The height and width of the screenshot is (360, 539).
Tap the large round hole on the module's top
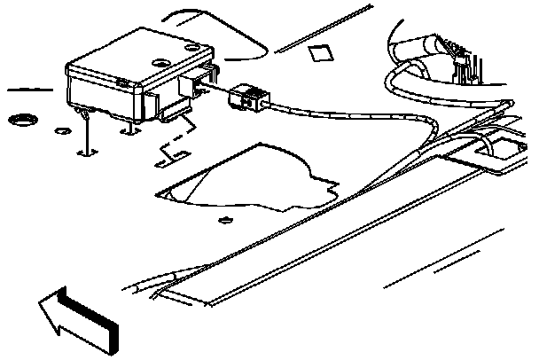pos(162,62)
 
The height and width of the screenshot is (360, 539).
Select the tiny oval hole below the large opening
pos(224,219)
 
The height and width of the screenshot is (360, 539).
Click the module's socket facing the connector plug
pos(194,86)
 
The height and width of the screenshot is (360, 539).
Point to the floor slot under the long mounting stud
pos(85,153)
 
